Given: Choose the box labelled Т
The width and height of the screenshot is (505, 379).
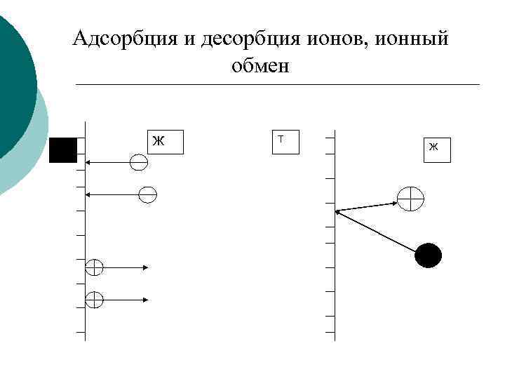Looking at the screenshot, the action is [285, 141].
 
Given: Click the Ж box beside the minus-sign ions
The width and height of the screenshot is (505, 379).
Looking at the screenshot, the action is [166, 142].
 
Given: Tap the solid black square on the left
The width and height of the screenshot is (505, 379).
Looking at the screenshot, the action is [63, 150].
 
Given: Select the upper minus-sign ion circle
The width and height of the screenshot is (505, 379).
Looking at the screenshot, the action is [139, 163].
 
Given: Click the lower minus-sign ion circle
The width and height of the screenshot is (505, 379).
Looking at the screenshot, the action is [147, 194].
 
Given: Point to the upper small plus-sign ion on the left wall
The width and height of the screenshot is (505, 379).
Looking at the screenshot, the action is [94, 267].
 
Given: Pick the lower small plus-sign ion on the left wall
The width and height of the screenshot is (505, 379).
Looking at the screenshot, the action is [94, 300].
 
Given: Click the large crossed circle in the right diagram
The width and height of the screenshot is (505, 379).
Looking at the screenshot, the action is [411, 199].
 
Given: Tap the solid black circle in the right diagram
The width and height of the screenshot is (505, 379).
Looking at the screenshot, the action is [429, 255].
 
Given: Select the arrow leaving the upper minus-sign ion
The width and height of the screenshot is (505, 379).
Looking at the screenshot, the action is [109, 163].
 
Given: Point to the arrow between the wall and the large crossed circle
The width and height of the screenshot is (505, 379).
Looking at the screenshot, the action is [366, 206].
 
